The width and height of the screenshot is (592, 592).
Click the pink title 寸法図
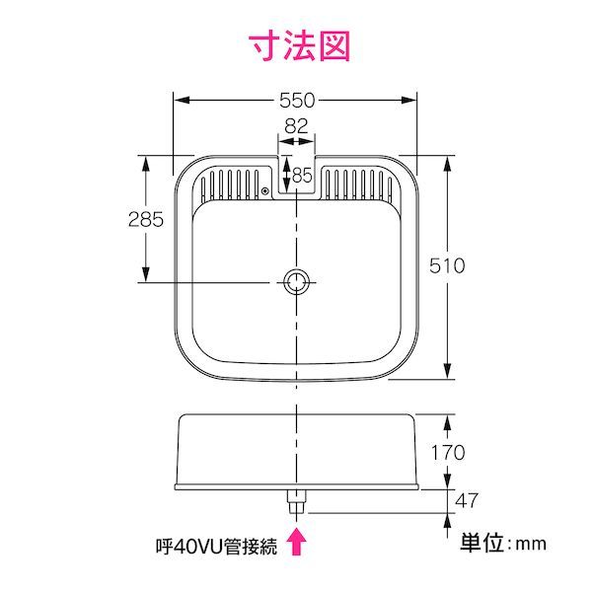[x=300, y=46]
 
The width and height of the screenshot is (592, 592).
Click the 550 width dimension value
[x=297, y=101]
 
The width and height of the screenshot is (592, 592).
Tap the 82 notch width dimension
[x=296, y=126]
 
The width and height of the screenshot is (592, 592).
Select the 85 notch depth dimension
[x=303, y=176]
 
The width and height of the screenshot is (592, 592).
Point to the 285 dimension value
[x=146, y=219]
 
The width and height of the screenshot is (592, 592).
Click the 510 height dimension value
[x=447, y=265]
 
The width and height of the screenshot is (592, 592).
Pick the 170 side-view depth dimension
[x=448, y=452]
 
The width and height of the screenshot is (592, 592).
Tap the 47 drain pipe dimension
[x=467, y=500]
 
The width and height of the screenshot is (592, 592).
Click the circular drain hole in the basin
[x=296, y=282]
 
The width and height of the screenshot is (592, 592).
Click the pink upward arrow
[x=297, y=542]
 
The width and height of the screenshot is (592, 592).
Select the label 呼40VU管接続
[x=216, y=547]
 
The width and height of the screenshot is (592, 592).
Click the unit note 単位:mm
[x=503, y=543]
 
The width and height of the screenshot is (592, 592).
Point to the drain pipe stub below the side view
[x=297, y=501]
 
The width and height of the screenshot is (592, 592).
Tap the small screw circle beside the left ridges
[x=265, y=191]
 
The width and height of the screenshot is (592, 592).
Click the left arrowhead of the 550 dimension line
[x=182, y=101]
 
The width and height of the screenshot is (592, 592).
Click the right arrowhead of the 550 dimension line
[x=408, y=101]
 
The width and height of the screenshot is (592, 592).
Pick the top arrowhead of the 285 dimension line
[x=146, y=163]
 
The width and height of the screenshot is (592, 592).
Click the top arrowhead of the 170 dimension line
[x=447, y=422]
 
